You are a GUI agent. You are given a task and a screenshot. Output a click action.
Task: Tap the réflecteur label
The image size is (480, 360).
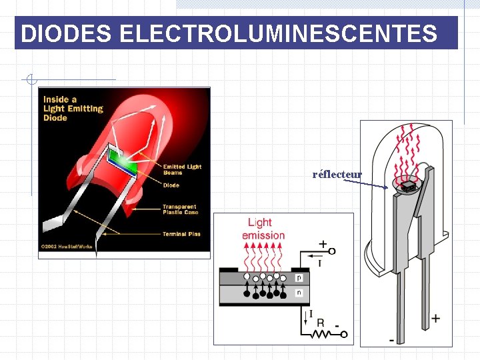[x=337, y=175]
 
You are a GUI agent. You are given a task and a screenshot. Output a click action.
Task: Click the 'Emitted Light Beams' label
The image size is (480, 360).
[x=182, y=169]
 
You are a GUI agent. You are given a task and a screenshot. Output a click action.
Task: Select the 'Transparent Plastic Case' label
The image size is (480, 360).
[x=179, y=209]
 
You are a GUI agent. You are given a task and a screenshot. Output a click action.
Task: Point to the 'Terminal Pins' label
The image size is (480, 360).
[x=181, y=234]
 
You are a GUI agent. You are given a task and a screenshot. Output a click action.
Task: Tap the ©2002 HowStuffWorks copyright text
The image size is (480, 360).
[x=67, y=247]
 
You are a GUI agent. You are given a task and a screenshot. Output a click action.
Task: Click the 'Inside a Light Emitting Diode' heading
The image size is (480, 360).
[x=73, y=109]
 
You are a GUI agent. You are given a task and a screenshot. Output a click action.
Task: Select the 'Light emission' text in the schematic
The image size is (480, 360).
[x=263, y=229]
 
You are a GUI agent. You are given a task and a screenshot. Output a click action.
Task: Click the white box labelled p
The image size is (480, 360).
[x=299, y=277]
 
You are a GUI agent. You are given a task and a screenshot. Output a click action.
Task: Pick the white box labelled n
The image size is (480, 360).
[x=299, y=292]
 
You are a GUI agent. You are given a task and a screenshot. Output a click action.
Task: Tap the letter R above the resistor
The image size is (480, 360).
[x=321, y=323]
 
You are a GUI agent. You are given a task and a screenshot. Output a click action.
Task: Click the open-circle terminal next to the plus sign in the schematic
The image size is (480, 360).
[x=332, y=251]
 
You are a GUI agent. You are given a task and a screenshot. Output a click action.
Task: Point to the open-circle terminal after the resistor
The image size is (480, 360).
[x=347, y=335]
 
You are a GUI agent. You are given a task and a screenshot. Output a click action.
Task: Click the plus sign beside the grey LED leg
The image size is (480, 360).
[x=435, y=318]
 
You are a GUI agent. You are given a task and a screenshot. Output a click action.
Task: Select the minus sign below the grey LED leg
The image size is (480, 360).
[x=391, y=340]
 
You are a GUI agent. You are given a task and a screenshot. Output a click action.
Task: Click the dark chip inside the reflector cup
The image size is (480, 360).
[x=409, y=187]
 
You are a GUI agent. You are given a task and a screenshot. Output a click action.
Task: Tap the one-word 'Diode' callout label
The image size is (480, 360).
[x=171, y=185]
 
